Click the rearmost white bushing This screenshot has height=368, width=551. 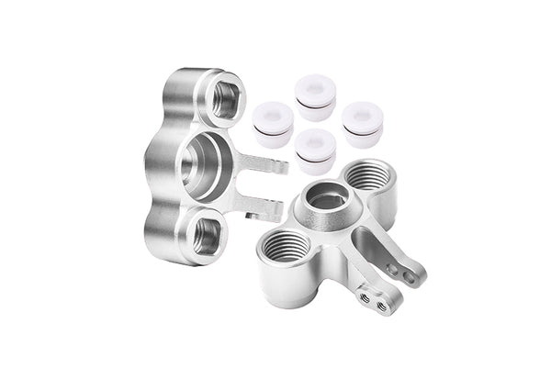point(316,97)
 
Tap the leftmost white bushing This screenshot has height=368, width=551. point(273,123)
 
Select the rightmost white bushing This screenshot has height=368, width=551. point(362,122)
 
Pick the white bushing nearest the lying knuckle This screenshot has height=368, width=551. point(316,149)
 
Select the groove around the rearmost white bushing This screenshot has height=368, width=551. point(316,109)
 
